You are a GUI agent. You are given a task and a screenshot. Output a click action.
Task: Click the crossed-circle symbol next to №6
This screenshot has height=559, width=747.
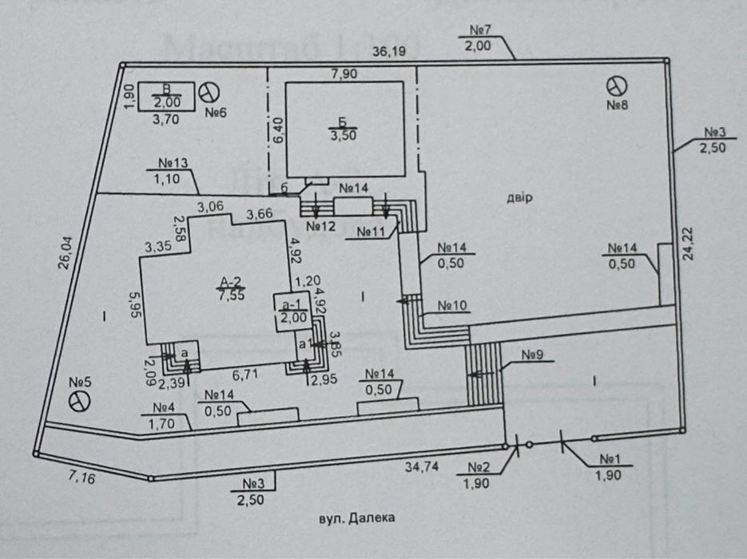[209, 90]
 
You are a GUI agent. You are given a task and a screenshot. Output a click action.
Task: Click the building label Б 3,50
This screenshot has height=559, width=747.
[340, 129]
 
